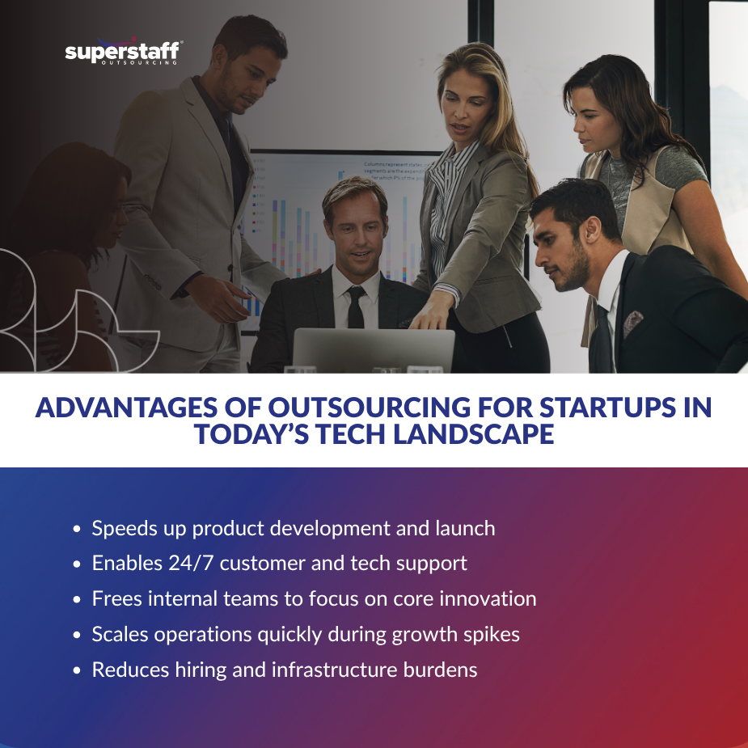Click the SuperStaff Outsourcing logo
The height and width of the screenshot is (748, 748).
pyautogui.click(x=123, y=53)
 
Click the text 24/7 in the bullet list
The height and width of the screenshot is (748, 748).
pyautogui.click(x=186, y=564)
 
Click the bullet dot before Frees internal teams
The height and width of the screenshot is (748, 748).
pyautogui.click(x=77, y=600)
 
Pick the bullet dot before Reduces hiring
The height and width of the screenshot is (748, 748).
pyautogui.click(x=77, y=670)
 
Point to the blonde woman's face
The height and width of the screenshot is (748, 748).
pyautogui.click(x=467, y=106)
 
